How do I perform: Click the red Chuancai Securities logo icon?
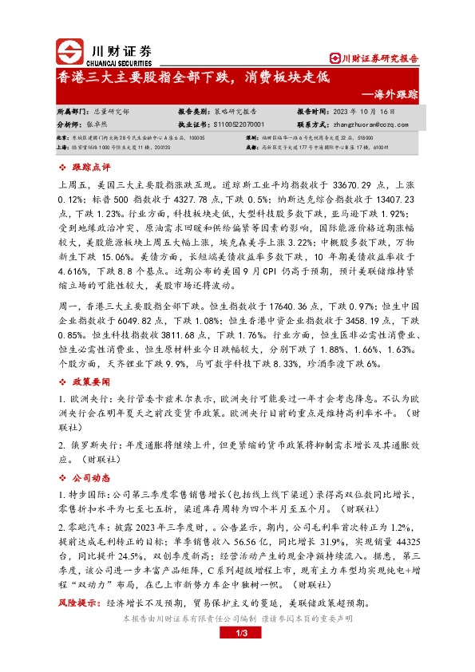tap(69, 53)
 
